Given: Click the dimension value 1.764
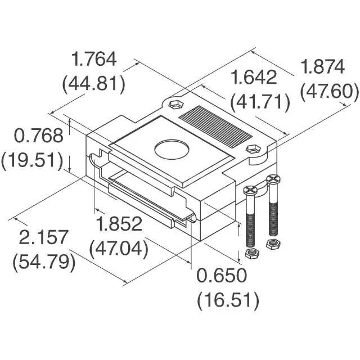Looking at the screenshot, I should (x=93, y=59).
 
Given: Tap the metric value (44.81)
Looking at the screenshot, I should (x=93, y=84).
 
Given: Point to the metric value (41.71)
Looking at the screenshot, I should (x=260, y=102).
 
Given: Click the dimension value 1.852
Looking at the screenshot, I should (x=118, y=224).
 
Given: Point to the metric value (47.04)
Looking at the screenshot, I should (x=118, y=248).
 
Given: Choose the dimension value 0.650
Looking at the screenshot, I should (x=222, y=276).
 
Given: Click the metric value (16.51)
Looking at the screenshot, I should (x=228, y=300).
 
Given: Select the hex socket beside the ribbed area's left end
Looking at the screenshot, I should (x=174, y=105).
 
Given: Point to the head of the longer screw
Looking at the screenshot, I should (x=273, y=180).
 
